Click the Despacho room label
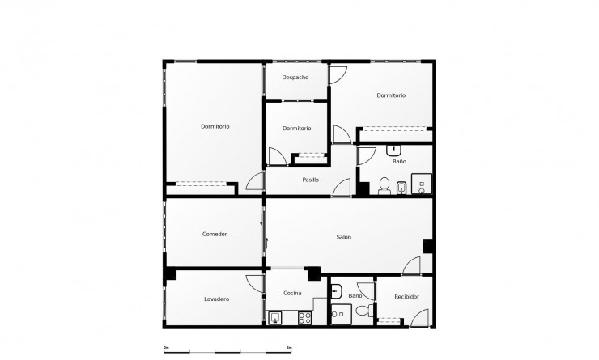(x=295, y=77)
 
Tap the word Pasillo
(x=310, y=179)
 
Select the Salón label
(x=343, y=236)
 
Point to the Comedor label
(x=215, y=234)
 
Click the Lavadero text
(x=216, y=299)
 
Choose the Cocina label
(x=293, y=293)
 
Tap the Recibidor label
(x=406, y=297)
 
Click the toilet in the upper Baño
(x=384, y=187)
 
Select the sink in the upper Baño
(x=395, y=150)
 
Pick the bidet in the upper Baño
(x=402, y=188)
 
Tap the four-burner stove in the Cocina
(x=305, y=317)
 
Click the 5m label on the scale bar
(x=289, y=347)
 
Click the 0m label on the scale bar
(x=166, y=347)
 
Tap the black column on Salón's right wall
(x=428, y=247)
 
